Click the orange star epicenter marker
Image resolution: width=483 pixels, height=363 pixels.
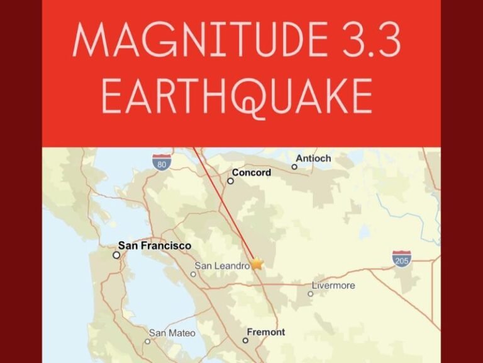[257, 264]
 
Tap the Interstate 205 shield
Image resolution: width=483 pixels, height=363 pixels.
[401, 259]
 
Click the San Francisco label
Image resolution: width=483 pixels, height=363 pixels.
[155, 246]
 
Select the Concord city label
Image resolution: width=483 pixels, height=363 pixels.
[252, 172]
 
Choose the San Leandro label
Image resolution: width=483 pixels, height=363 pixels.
[223, 266]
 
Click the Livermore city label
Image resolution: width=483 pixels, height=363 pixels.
[333, 285]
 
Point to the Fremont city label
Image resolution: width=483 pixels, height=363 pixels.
[265, 332]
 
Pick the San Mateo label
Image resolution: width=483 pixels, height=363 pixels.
[172, 333]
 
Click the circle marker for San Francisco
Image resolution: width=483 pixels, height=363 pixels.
[116, 255]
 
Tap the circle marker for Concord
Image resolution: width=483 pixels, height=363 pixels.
[230, 181]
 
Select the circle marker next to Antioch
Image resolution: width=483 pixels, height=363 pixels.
[294, 167]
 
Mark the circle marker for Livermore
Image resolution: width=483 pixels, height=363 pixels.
[310, 294]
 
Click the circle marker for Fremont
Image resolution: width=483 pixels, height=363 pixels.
[245, 340]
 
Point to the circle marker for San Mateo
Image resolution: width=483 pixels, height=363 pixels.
[147, 341]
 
